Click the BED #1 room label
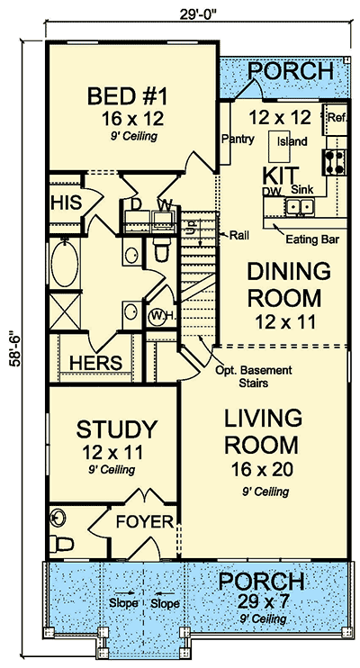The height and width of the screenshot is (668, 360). pos(128,95)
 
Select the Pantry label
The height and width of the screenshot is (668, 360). pos(238,139)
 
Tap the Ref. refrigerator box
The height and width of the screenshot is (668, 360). pos(337,119)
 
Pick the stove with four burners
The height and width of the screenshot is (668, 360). pos(335,162)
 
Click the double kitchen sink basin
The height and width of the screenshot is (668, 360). pos(300,207)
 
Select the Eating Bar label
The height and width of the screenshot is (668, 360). pos(312,239)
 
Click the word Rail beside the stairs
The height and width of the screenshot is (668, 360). pos(238,234)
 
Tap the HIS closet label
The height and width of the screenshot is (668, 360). pos(66,203)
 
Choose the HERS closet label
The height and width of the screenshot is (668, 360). pos(95,363)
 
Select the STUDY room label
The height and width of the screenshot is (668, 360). pos(117,429)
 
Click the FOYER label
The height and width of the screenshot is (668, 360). pos(145,521)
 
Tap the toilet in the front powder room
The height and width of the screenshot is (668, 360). pos(62,544)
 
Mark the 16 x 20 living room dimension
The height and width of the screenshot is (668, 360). pos(262,469)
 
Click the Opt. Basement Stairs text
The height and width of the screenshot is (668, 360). pos(254,376)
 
